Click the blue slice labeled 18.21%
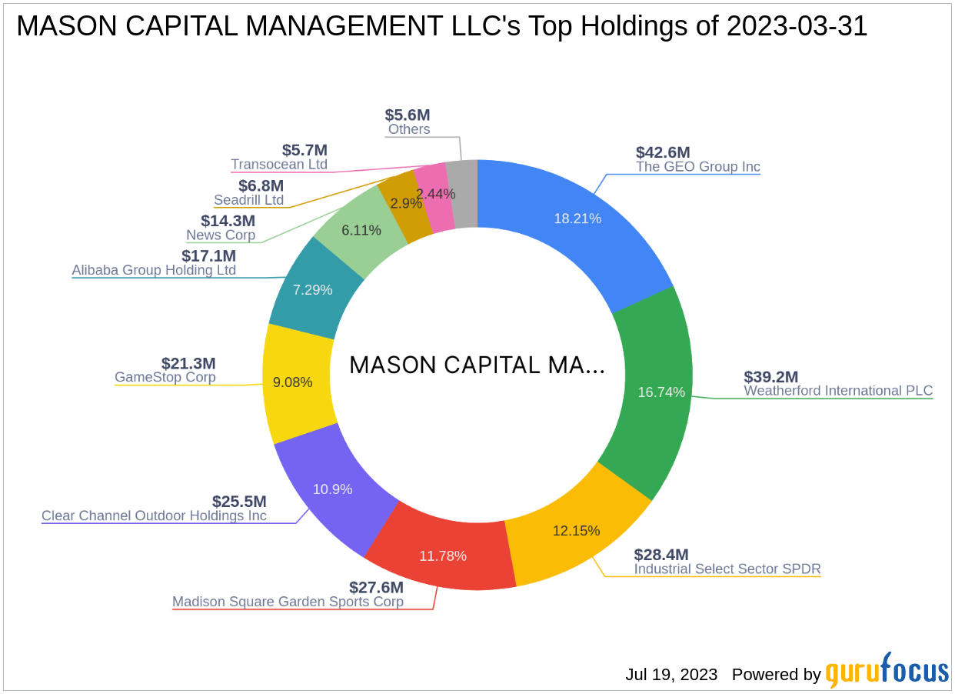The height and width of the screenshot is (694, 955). pos(577,219)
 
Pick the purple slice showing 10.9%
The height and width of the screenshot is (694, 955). pos(332,489)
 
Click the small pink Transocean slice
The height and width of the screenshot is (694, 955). pos(434,196)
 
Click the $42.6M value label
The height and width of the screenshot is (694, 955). pos(663,152)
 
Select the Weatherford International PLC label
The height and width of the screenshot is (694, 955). pos(838,391)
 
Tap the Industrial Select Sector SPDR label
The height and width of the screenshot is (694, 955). pos(727,569)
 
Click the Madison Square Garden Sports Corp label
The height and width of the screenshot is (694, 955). pos(288,602)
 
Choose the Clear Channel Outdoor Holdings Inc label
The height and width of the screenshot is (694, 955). pos(154,515)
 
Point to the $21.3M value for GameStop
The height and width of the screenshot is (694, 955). pos(188,363)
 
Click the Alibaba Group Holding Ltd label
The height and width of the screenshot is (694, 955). pos(154,270)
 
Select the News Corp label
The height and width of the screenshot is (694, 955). pos(221,235)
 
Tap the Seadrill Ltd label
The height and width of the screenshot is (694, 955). pos(248,200)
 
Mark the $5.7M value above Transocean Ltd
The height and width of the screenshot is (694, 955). pos(304,150)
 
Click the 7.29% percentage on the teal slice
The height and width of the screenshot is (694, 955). pos(313,290)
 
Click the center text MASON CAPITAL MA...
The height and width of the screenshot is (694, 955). pos(477,365)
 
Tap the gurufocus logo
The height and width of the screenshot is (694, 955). pos(887,671)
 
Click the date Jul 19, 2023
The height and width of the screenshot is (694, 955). pos(671,675)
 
